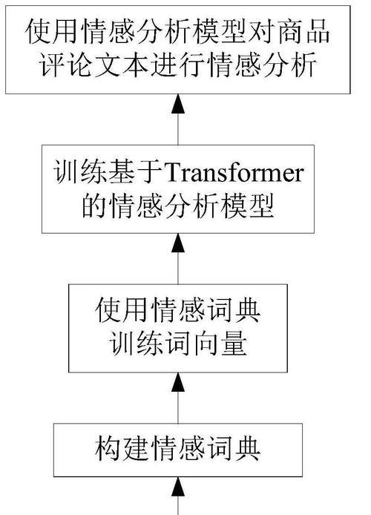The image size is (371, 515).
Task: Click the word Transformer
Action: click(234, 173)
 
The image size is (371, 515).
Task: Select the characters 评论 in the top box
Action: click(65, 65)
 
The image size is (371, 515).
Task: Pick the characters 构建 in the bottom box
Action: click(121, 449)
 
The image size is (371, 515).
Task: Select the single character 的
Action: click(94, 206)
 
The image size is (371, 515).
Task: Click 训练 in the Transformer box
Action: click(79, 171)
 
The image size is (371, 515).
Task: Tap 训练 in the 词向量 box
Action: click(135, 344)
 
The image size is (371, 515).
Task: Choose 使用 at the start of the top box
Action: click(50, 32)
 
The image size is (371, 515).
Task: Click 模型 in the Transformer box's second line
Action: click(248, 206)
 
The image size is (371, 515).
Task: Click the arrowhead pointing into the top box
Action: click(178, 104)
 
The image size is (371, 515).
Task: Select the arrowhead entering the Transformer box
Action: click(178, 243)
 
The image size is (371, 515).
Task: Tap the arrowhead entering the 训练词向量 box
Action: click(178, 382)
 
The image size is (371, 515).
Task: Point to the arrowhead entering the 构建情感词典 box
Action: click(178, 486)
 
